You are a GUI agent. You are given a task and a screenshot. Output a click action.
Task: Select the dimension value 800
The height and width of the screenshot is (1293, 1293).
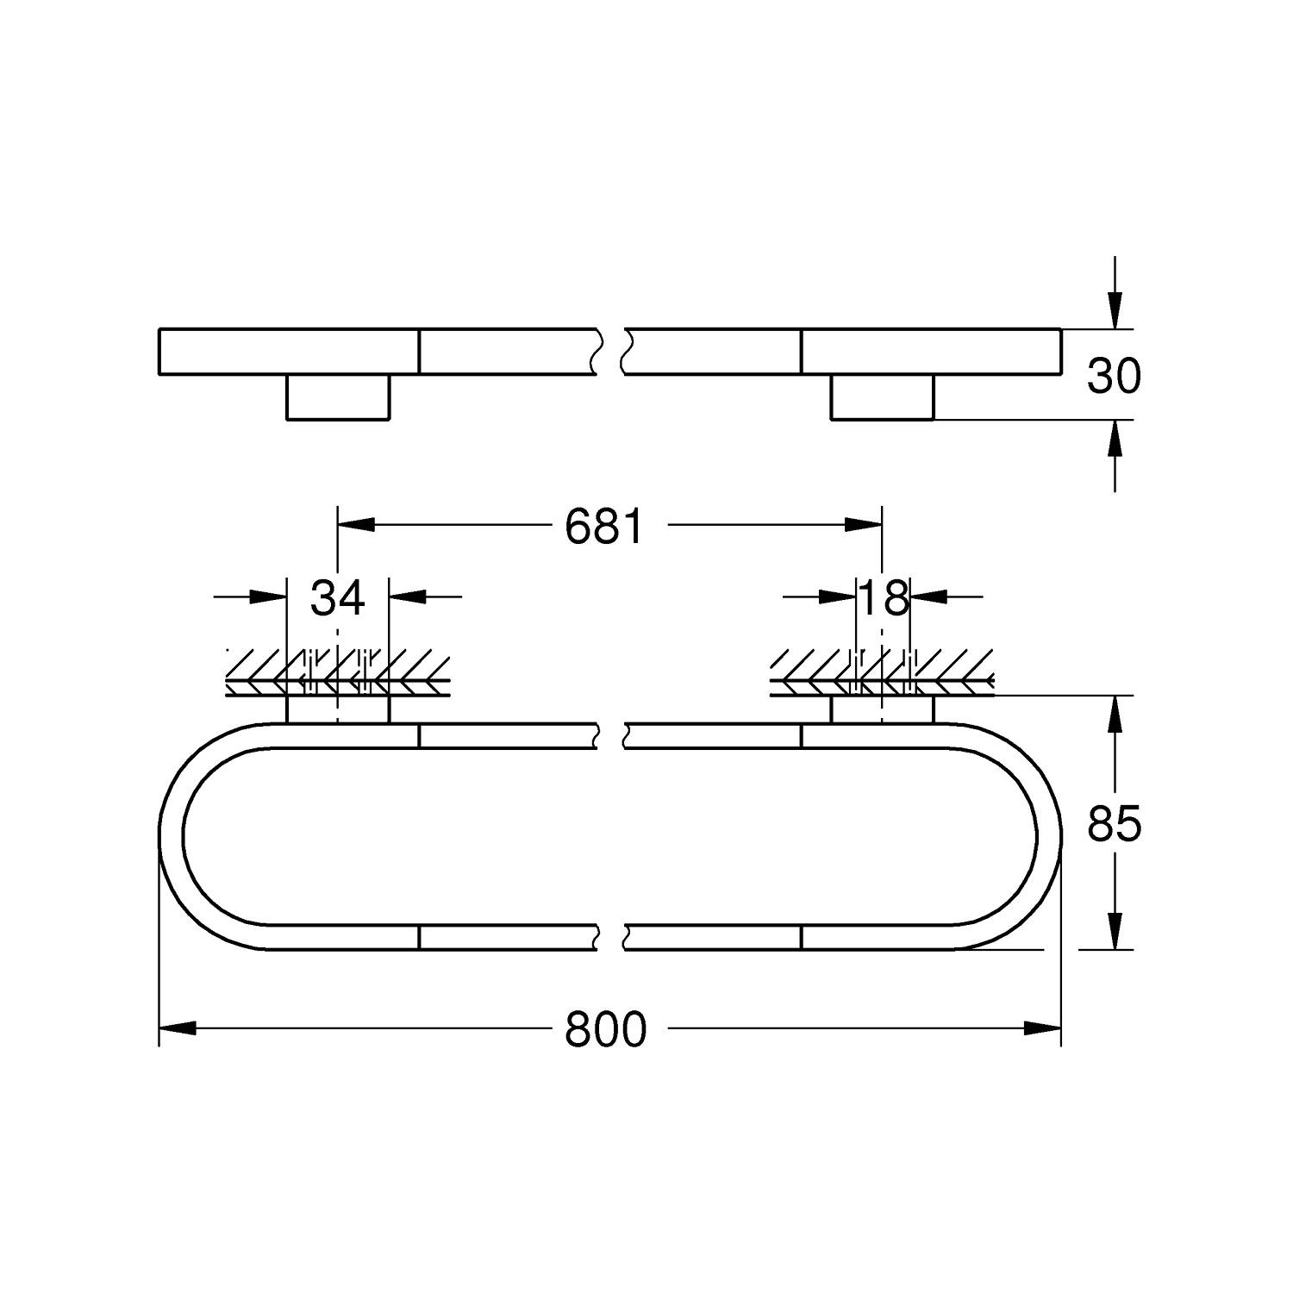(605, 1029)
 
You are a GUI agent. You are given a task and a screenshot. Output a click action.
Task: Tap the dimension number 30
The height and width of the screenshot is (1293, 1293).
(1114, 376)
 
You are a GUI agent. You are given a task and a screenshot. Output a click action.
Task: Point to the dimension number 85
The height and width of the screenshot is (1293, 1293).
(1114, 824)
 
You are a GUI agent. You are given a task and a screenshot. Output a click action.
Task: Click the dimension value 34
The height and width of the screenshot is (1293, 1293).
(338, 597)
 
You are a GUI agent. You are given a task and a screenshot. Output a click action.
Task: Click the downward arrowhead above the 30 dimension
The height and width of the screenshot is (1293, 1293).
(1115, 311)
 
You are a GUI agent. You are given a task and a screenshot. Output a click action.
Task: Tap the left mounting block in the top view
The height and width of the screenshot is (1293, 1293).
(338, 397)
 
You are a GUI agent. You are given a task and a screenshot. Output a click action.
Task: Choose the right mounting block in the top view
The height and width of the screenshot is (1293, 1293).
(882, 397)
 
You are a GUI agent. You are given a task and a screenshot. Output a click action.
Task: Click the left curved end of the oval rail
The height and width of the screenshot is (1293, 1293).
(172, 836)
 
